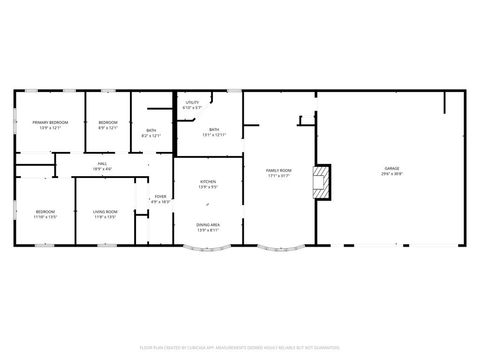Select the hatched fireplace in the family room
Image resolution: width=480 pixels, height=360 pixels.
[x=322, y=183]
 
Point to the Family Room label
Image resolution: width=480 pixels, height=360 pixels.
[x=278, y=171]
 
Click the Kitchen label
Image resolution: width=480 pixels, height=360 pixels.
[x=208, y=181]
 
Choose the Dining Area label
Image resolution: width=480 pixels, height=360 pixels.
[x=208, y=225]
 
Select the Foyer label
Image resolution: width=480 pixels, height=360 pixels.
[x=160, y=196]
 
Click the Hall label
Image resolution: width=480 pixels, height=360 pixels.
[x=102, y=164]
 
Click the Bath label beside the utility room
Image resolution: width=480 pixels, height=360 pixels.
[x=214, y=129]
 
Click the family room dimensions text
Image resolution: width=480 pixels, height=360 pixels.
[x=278, y=177]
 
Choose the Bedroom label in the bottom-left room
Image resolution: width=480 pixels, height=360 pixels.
[x=46, y=211]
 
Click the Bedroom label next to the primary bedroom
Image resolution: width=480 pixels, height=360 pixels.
[x=108, y=122]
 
